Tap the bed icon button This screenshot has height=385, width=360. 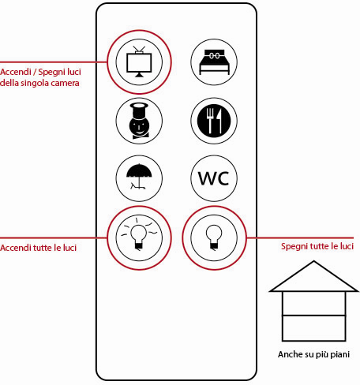214,62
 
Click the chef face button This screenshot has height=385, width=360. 139,121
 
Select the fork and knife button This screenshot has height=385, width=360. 214,121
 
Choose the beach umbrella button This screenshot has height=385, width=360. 139,178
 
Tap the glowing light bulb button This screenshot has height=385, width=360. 139,237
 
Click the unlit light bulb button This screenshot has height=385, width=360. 214,237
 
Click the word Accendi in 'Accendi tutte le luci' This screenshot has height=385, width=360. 16,248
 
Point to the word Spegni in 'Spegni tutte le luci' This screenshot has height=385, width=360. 294,247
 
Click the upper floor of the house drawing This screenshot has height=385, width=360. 313,303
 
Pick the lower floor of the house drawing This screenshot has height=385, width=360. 313,328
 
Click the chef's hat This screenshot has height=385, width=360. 139,110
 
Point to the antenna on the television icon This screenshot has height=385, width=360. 139,50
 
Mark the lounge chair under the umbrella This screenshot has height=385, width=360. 137,186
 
